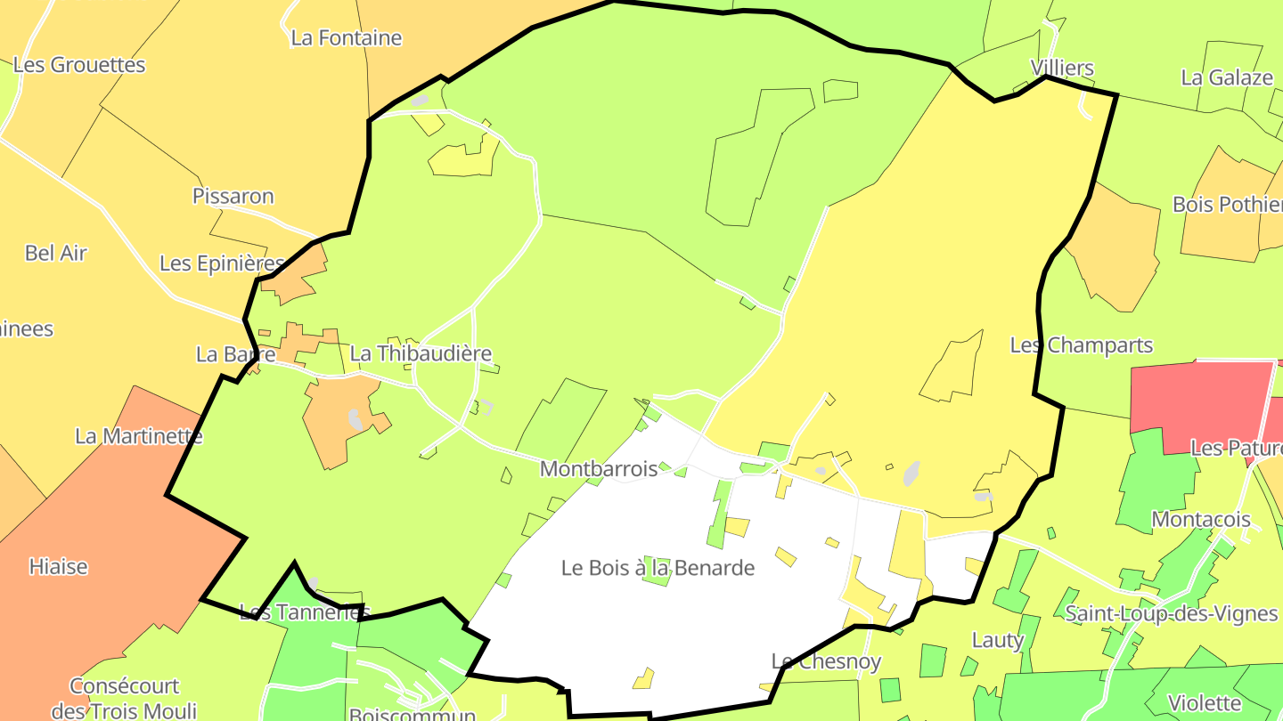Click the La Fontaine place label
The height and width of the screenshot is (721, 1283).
pyautogui.click(x=347, y=38)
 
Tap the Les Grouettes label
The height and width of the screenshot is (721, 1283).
pyautogui.click(x=79, y=65)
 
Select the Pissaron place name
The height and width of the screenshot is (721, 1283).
pyautogui.click(x=233, y=196)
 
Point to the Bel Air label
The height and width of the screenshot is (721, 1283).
pyautogui.click(x=56, y=253)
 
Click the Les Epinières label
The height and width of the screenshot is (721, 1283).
pyautogui.click(x=222, y=263)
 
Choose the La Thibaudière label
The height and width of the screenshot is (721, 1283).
pyautogui.click(x=421, y=353)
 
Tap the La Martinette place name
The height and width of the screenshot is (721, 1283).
pyautogui.click(x=138, y=436)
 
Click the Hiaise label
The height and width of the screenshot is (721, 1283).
pyautogui.click(x=59, y=566)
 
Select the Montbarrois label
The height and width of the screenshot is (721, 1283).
pyautogui.click(x=599, y=469)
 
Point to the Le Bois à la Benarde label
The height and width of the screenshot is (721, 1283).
pyautogui.click(x=658, y=568)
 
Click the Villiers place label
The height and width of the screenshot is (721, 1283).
pyautogui.click(x=1062, y=68)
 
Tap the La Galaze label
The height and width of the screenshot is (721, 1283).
pyautogui.click(x=1227, y=77)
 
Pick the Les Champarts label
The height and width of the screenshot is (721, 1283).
pyautogui.click(x=1082, y=345)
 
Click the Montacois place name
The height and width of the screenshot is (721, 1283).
pyautogui.click(x=1201, y=519)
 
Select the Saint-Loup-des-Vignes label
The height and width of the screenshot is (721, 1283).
pyautogui.click(x=1172, y=613)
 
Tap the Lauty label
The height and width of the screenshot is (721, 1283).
pyautogui.click(x=998, y=640)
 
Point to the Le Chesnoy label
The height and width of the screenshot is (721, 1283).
pyautogui.click(x=826, y=661)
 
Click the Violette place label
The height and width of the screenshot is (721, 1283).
pyautogui.click(x=1205, y=702)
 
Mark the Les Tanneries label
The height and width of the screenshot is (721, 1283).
pyautogui.click(x=304, y=612)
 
